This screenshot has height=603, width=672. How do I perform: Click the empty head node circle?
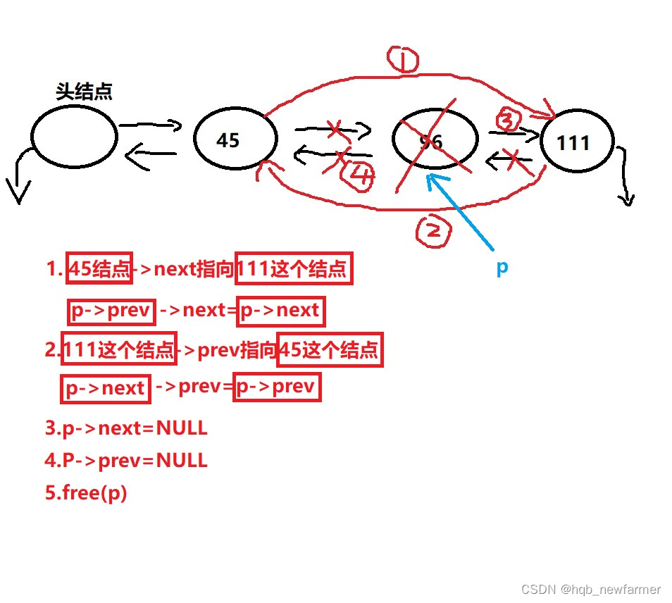point(74,137)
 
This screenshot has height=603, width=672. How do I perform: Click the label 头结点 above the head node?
point(84,92)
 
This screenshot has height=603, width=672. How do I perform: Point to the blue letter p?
point(502,268)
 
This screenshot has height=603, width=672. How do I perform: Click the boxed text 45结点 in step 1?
point(99,268)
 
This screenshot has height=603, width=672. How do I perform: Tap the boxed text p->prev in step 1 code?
point(111,311)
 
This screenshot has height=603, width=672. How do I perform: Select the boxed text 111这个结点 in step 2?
point(118,349)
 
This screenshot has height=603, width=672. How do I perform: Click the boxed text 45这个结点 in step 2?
point(330,349)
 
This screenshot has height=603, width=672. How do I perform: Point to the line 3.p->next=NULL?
point(126,428)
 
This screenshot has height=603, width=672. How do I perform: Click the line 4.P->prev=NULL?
point(126,461)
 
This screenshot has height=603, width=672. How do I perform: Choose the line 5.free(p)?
point(86,493)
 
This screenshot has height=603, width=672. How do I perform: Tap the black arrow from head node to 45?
point(150,126)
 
